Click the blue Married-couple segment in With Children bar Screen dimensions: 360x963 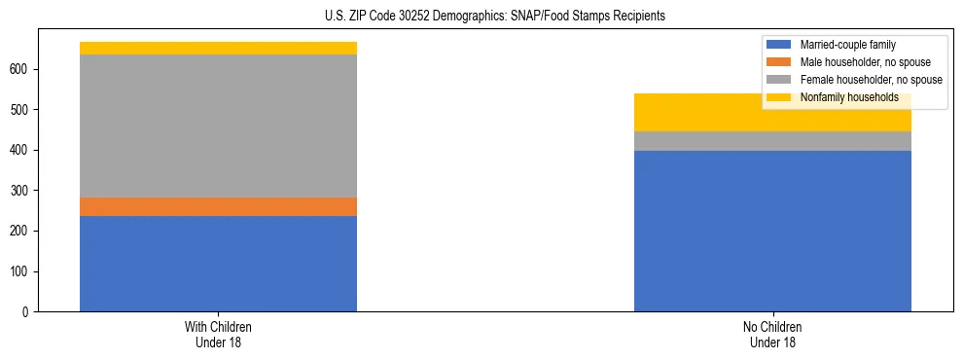[x=218, y=264]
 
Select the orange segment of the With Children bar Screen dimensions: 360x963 [x=218, y=206]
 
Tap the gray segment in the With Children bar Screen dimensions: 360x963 [x=218, y=126]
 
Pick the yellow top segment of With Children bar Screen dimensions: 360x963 [x=218, y=48]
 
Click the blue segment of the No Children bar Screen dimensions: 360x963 [x=772, y=232]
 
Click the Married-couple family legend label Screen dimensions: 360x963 [x=847, y=45]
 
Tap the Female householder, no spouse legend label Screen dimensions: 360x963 [x=871, y=80]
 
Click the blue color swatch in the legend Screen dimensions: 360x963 [x=780, y=45]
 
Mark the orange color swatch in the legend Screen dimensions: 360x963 [x=780, y=62]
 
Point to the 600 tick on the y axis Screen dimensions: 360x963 [x=21, y=70]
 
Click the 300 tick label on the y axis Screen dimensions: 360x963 [x=21, y=191]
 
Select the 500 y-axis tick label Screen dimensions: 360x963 [x=21, y=110]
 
